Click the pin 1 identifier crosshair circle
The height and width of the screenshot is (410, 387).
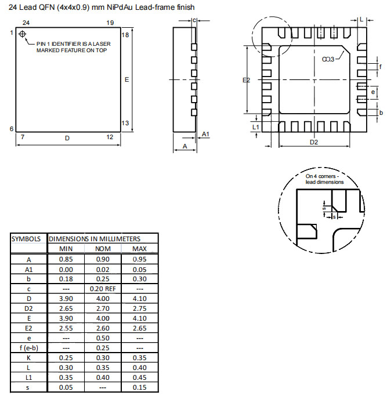23,34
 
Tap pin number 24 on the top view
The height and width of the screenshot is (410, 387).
26,23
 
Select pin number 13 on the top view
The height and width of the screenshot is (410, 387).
125,123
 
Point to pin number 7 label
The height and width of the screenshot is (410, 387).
22,137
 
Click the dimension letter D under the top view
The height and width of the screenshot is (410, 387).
67,138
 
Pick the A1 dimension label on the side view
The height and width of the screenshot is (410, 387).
205,135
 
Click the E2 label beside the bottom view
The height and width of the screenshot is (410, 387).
246,80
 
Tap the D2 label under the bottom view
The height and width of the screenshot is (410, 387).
313,142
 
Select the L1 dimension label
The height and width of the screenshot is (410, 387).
256,125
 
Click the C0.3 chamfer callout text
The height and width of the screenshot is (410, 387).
328,59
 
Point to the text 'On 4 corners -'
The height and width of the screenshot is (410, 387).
325,175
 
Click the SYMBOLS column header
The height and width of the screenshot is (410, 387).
28,238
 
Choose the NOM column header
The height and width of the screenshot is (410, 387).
102,249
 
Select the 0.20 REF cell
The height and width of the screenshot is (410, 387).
102,288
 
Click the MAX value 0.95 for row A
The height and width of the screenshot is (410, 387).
139,259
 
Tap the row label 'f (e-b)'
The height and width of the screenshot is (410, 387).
28,347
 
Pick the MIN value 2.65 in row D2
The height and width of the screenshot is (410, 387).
66,308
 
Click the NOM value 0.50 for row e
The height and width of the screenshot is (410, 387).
102,338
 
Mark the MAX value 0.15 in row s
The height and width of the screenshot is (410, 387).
139,387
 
